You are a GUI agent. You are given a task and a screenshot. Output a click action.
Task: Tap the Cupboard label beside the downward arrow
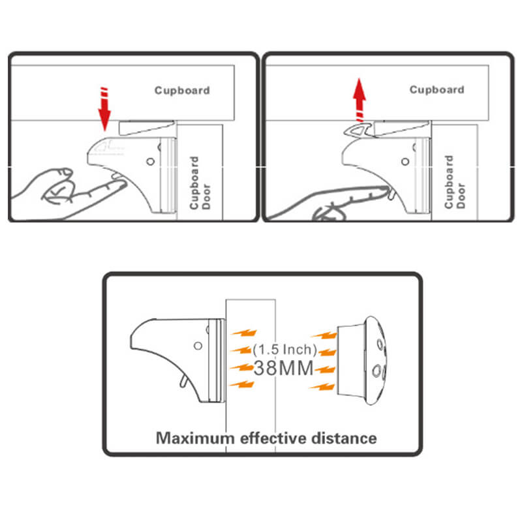(182, 90)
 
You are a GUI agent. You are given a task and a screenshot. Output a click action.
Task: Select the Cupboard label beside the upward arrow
(437, 89)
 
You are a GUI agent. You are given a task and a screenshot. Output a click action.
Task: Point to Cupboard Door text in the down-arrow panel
(198, 183)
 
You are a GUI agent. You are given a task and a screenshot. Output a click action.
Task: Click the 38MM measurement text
(284, 367)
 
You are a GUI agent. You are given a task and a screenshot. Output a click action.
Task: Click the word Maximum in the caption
(194, 437)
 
